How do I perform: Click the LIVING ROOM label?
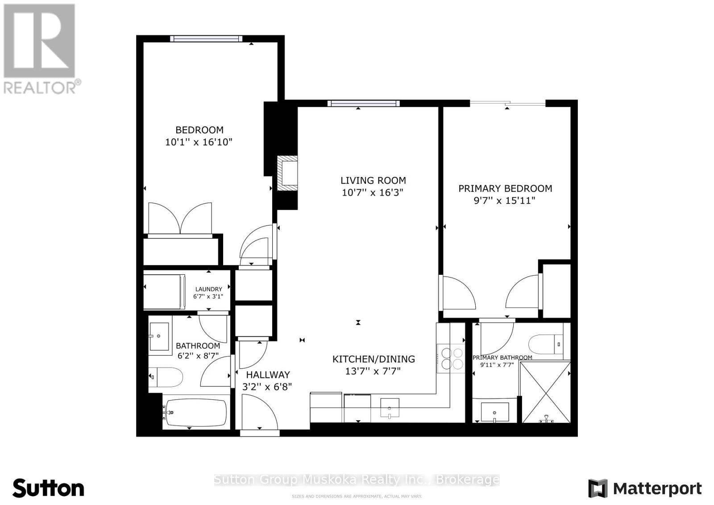(373, 180)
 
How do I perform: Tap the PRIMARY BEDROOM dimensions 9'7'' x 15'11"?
(504, 201)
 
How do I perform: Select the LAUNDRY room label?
(208, 289)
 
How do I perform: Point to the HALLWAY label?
(268, 375)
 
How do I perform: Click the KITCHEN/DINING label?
(374, 359)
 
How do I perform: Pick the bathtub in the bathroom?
(195, 412)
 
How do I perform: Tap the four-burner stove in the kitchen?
(451, 358)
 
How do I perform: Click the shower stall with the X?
(546, 392)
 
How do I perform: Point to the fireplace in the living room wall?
(287, 173)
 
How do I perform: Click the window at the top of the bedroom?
(206, 38)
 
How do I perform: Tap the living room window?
(363, 103)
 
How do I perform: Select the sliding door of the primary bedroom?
(507, 104)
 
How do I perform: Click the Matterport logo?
(645, 488)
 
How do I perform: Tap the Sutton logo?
(48, 488)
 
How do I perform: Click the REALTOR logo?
(40, 49)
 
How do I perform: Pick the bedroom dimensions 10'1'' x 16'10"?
(199, 142)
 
